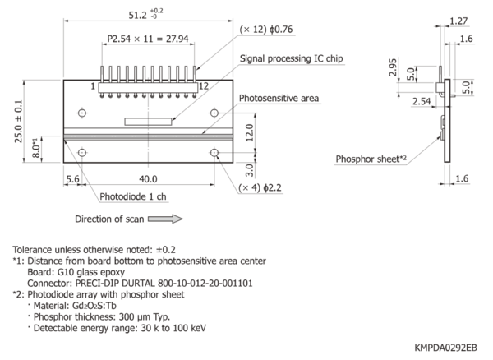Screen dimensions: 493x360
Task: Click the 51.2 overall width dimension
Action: pos(145,15)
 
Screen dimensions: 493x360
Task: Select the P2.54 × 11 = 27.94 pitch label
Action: pos(148,39)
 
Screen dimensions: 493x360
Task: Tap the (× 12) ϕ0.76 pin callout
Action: pos(266,30)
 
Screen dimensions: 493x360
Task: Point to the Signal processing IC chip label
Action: pos(291,58)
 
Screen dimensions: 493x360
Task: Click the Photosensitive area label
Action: pos(279,98)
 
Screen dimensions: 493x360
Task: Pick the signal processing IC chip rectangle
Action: pos(148,122)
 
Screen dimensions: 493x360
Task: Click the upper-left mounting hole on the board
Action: pos(82,113)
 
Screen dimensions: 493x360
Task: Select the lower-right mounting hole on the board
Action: pos(214,153)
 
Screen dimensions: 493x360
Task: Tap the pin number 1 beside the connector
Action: pos(93,85)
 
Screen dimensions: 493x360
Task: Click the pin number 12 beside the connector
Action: pos(204,85)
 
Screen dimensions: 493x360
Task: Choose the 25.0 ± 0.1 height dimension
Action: pos(18,122)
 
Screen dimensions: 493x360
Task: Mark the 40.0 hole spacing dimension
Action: pos(148,179)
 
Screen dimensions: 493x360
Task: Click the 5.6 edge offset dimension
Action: pos(72,179)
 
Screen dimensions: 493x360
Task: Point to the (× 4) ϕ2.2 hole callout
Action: pos(260,187)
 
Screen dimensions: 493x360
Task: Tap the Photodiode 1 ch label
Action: pos(132,196)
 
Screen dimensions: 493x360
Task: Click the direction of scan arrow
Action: pos(165,219)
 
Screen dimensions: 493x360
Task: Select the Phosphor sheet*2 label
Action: pos(371,159)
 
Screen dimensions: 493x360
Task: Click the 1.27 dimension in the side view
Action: pos(458,21)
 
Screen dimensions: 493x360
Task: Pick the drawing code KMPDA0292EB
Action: pos(445,348)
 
